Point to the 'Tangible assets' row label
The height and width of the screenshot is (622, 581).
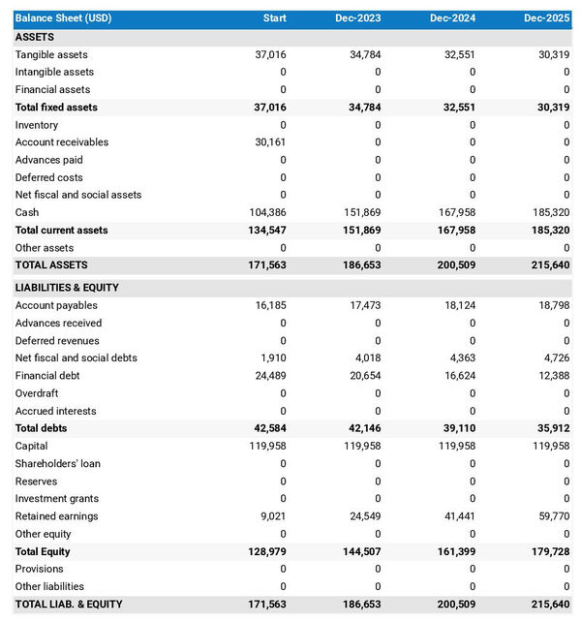click(x=51, y=55)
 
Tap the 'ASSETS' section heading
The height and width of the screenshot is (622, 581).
click(x=35, y=37)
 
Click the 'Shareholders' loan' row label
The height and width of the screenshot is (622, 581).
click(x=58, y=463)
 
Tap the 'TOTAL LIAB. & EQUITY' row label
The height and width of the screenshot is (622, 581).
click(x=69, y=605)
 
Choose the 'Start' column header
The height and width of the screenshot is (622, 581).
click(x=275, y=18)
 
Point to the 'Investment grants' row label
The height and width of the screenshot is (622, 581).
click(x=57, y=499)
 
